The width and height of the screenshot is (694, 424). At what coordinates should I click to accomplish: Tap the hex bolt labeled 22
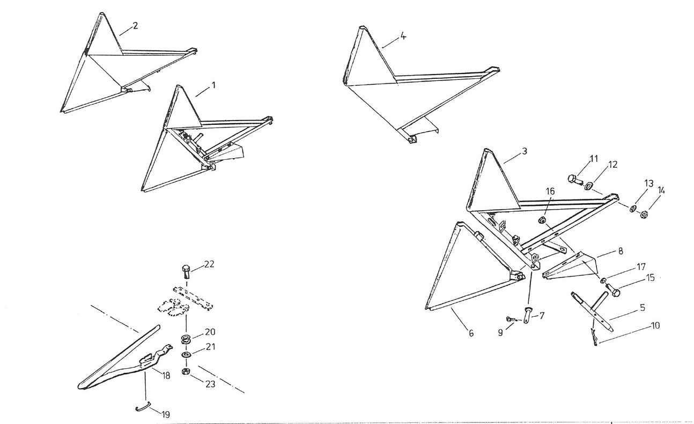point(186,270)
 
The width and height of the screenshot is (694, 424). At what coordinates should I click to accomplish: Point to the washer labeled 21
point(186,355)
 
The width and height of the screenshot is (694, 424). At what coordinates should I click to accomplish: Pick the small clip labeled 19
point(143,408)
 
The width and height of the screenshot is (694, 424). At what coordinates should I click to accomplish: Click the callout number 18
point(166,376)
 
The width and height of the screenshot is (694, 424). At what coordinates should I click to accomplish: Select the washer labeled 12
point(588,185)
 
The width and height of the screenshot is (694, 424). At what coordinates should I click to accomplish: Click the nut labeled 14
point(644,215)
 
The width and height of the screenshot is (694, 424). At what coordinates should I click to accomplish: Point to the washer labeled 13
point(633,209)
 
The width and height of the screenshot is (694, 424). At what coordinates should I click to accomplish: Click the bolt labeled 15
point(613,292)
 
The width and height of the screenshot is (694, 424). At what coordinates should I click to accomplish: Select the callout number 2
point(135,26)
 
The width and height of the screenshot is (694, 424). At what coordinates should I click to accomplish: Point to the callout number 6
point(471,333)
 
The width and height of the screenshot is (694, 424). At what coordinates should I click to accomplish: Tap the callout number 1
point(213,85)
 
